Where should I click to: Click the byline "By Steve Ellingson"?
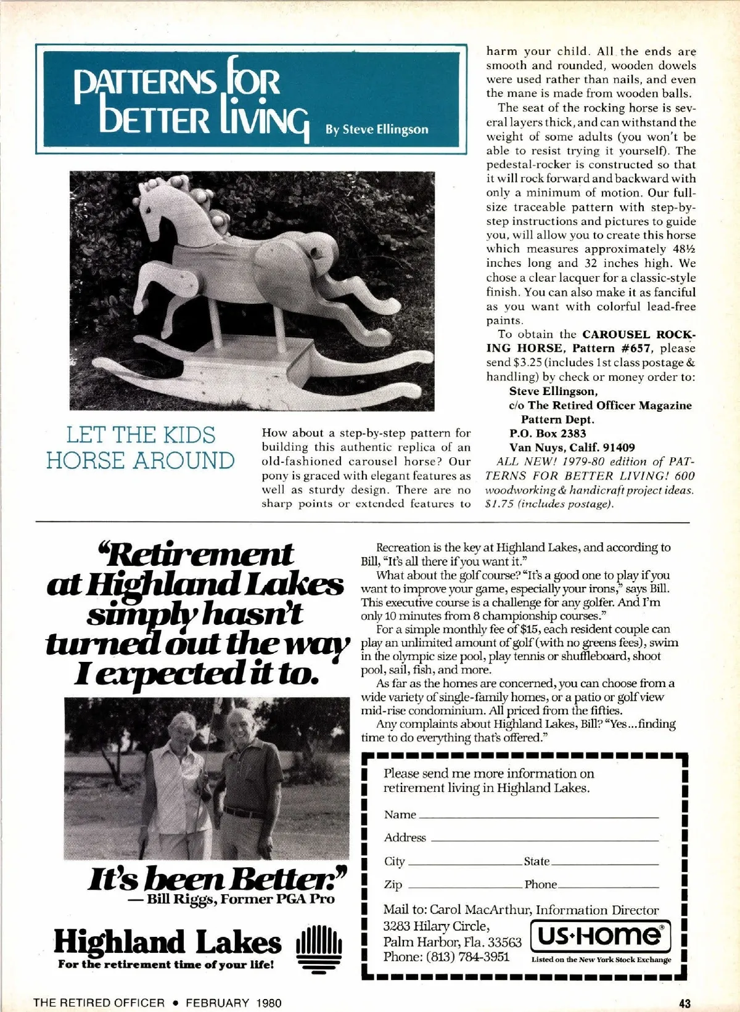pyautogui.click(x=376, y=129)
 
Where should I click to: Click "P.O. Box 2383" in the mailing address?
pyautogui.click(x=548, y=433)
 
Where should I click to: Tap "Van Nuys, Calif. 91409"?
pyautogui.click(x=572, y=447)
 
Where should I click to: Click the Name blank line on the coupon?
pyautogui.click(x=538, y=815)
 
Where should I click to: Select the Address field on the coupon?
pyautogui.click(x=544, y=838)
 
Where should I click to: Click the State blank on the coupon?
pyautogui.click(x=604, y=862)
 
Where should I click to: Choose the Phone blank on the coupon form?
pyautogui.click(x=608, y=885)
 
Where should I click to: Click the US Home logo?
pyautogui.click(x=600, y=936)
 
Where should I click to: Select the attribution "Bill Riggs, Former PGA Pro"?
pyautogui.click(x=240, y=899)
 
